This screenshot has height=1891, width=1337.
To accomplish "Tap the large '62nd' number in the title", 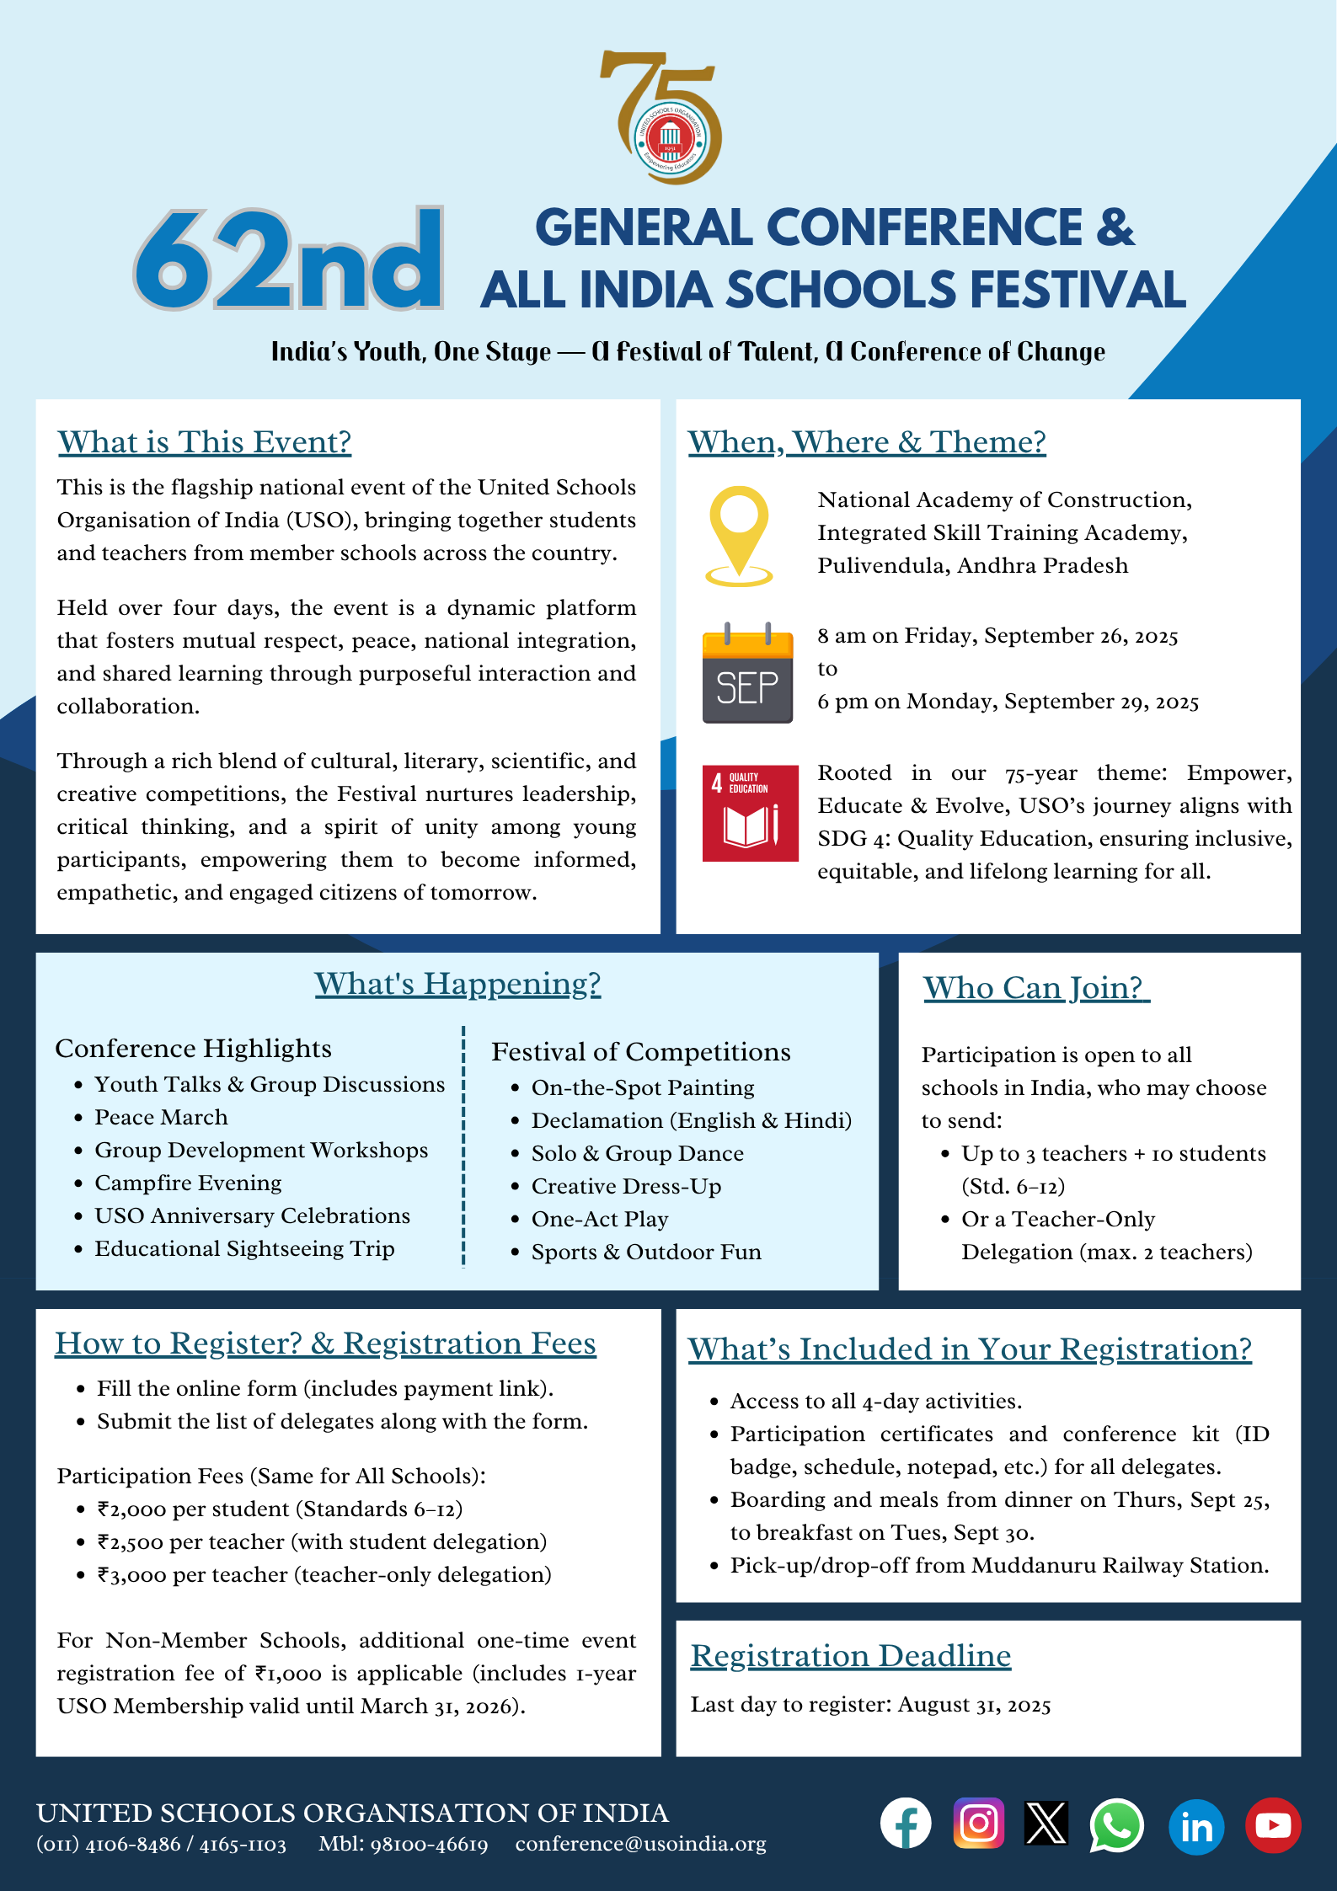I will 288,259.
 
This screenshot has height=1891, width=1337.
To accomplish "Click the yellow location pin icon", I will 739,535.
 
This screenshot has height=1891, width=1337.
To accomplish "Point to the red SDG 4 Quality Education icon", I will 750,813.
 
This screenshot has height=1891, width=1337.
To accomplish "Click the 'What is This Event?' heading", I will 204,442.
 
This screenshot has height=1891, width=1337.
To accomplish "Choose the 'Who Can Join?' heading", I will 1035,988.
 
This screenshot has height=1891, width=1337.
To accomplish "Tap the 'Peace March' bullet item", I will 161,1118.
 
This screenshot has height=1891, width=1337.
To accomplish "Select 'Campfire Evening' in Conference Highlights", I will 188,1183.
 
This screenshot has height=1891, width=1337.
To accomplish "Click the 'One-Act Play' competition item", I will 599,1220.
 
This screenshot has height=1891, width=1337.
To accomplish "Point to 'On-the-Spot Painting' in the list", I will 642,1088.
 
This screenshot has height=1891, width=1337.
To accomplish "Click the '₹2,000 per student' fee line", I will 280,1509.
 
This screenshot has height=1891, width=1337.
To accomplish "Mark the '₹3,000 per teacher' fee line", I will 324,1575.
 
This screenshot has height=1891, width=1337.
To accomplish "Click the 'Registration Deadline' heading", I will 850,1656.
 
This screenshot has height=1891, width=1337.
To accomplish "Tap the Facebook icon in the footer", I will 906,1824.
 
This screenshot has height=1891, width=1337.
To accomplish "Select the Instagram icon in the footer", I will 978,1824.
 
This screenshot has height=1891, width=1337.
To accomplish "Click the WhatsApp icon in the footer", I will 1116,1824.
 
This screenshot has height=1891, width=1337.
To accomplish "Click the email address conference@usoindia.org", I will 640,1845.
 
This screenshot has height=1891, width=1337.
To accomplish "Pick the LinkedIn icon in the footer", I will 1195,1826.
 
